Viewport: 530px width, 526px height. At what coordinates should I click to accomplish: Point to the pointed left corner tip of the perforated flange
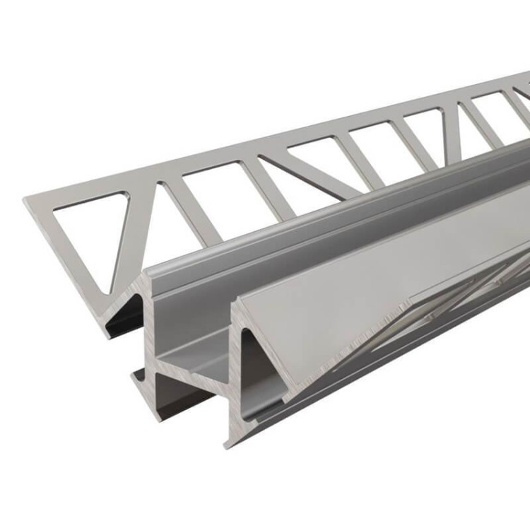click(26, 200)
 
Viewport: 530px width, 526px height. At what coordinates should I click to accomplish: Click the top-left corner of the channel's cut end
click(146, 272)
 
